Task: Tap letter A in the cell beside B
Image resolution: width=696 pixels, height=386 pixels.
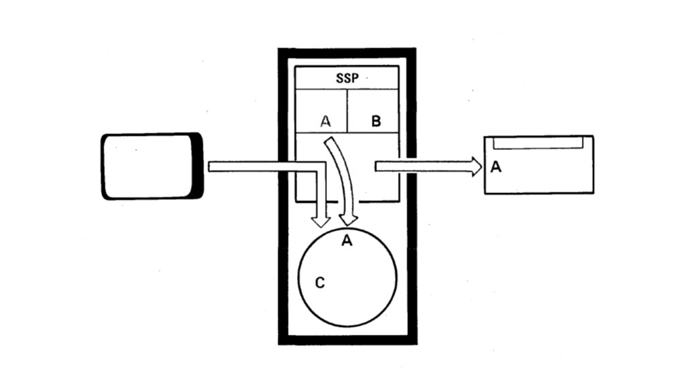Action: point(326,121)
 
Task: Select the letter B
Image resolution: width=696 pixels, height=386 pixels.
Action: point(376,121)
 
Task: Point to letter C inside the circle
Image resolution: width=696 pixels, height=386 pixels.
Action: point(319,283)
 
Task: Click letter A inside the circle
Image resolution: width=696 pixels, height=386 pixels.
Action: point(347,241)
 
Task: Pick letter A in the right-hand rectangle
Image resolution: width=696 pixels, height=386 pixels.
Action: point(495,166)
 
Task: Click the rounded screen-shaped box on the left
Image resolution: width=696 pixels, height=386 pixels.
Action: point(152,166)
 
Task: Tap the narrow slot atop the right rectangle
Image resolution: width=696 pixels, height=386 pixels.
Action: point(538,143)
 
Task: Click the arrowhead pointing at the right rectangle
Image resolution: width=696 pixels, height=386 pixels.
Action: point(476,166)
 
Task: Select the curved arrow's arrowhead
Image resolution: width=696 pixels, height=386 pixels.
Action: point(349,220)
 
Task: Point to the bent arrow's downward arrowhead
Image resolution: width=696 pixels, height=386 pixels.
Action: point(320,222)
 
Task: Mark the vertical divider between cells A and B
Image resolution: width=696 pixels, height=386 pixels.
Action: point(347,111)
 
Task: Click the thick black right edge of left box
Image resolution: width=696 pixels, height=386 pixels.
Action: point(198,166)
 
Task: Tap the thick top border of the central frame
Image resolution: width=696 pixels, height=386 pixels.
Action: point(347,53)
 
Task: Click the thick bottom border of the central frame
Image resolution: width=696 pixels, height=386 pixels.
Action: point(347,340)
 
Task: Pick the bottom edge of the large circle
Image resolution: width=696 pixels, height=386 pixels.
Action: point(347,326)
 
